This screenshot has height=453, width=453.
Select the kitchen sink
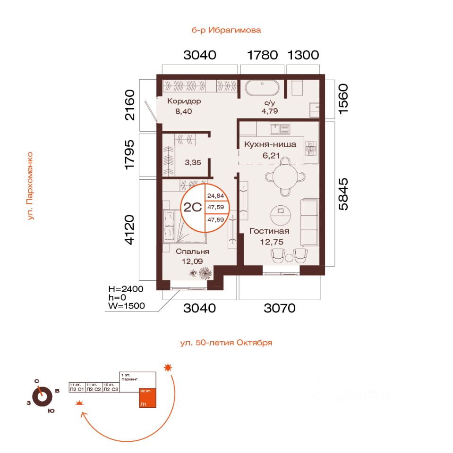pyautogui.click(x=279, y=128)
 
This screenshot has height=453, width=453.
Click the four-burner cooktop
pyautogui.click(x=311, y=148)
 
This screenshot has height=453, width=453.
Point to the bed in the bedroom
pyautogui.click(x=174, y=226)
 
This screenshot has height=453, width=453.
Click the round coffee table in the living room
pyautogui.click(x=282, y=214)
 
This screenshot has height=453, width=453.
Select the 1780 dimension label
pyautogui.click(x=262, y=55)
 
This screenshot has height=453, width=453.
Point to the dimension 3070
pyautogui.click(x=280, y=309)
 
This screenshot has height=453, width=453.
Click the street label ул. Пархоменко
pyautogui.click(x=30, y=185)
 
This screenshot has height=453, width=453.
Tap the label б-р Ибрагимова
pyautogui.click(x=226, y=30)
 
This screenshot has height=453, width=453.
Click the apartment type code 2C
pyautogui.click(x=193, y=208)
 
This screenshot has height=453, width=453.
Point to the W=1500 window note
pyautogui.click(x=126, y=305)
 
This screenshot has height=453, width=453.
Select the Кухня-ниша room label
pyautogui.click(x=271, y=144)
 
